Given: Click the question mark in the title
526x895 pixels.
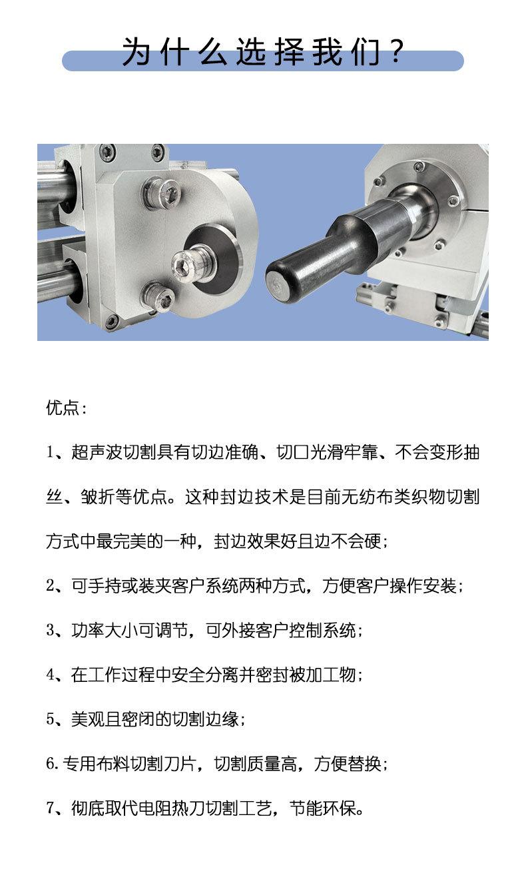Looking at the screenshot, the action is (x=397, y=51).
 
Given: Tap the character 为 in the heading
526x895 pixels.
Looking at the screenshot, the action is (x=136, y=51).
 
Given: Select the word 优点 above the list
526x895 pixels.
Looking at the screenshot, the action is (x=63, y=408).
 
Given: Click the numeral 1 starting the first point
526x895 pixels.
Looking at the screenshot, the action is (x=50, y=452).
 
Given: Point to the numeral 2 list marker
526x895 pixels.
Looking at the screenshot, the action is (x=51, y=585).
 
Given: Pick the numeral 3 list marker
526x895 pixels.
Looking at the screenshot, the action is (x=51, y=630).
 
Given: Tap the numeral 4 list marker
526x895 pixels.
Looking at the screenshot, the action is (x=51, y=675).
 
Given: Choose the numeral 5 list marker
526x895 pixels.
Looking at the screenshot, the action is (x=51, y=719).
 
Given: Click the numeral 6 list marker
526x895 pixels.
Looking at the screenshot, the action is (x=51, y=764).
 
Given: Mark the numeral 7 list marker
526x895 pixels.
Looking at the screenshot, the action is (x=51, y=808).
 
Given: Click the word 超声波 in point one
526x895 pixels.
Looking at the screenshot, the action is (x=97, y=452).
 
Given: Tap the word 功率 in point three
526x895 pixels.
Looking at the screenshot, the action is (x=88, y=630).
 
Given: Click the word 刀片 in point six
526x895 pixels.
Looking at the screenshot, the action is (x=181, y=764).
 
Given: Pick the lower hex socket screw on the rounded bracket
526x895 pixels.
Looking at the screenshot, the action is (x=158, y=296).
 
